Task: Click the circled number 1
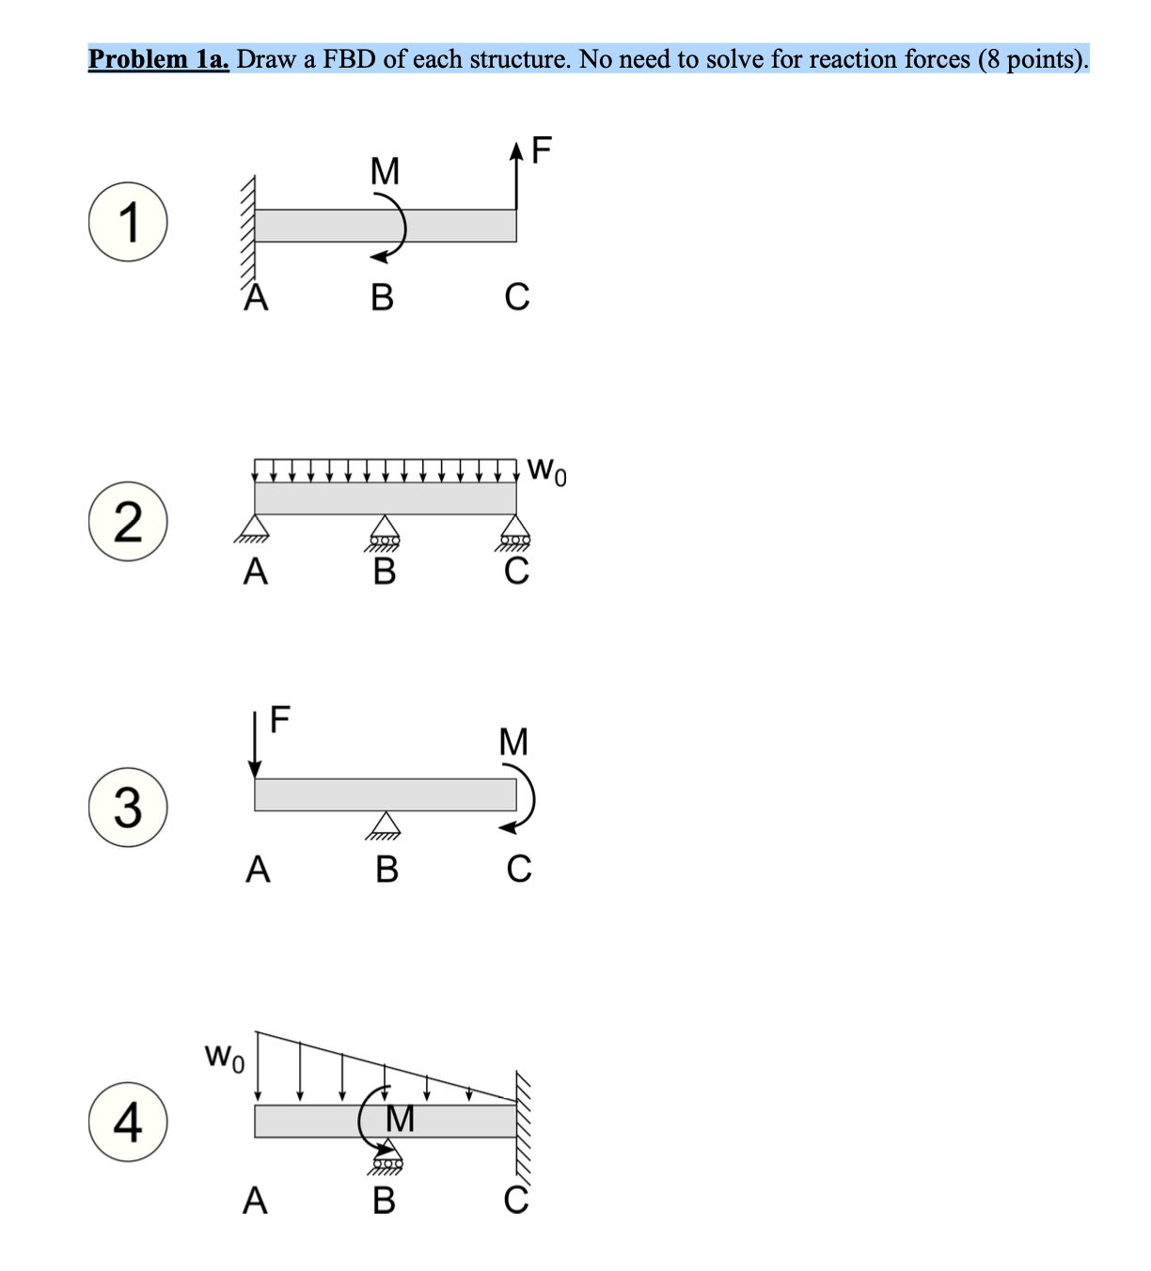tap(129, 223)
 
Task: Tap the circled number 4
tap(129, 1122)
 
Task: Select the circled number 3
tap(129, 808)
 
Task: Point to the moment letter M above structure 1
tap(385, 171)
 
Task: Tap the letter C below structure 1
tap(516, 296)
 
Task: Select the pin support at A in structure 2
tap(254, 529)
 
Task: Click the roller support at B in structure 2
tap(384, 531)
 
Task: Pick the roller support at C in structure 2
tap(515, 531)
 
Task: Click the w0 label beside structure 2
tap(547, 469)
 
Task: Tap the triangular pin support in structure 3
tap(384, 824)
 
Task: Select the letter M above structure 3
tap(513, 742)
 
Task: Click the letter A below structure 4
tap(255, 1200)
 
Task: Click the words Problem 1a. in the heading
tap(158, 59)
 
